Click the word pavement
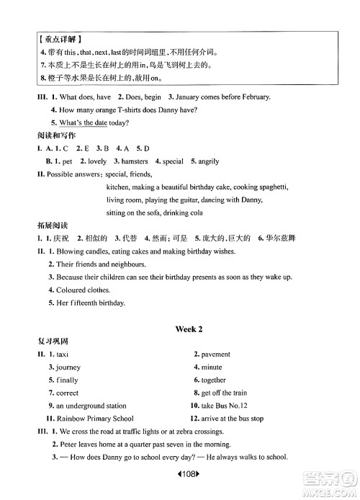pyautogui.click(x=216, y=354)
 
